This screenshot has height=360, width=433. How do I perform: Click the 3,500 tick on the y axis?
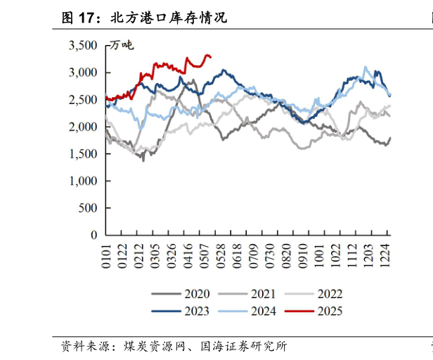pos(83,46)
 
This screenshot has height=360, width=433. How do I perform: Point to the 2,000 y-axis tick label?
pos(83,127)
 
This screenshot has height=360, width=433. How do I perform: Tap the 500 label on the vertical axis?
pos(89,207)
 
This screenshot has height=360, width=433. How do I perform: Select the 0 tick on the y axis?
pos(94,235)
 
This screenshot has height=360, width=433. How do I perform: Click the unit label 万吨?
pos(121,46)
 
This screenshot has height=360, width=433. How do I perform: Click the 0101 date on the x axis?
pos(106,252)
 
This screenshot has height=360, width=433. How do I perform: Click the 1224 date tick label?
pos(385,252)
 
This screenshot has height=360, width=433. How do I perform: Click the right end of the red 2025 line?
pos(211,57)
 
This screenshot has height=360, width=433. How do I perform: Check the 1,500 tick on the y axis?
pos(83,154)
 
